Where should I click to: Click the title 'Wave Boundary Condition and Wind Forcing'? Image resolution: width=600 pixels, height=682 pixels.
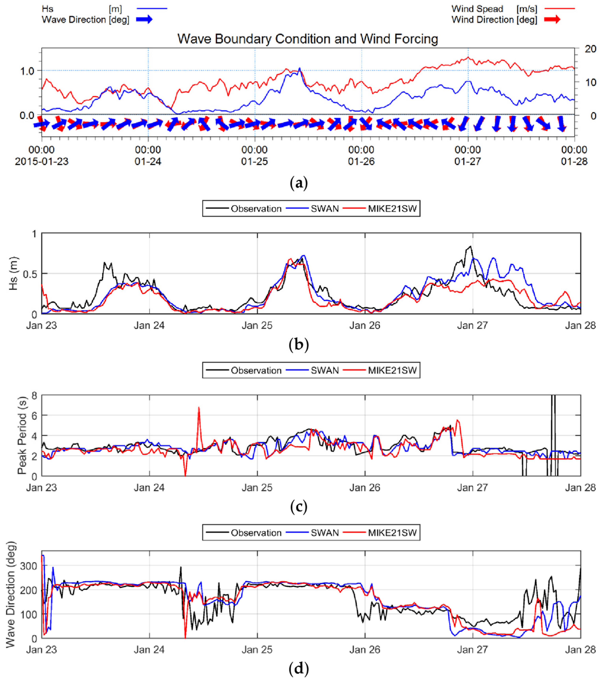307,39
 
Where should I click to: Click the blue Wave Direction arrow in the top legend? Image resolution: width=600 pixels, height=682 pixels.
144,20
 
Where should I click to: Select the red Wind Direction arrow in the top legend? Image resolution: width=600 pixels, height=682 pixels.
552,20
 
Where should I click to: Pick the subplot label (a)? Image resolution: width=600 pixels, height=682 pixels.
299,183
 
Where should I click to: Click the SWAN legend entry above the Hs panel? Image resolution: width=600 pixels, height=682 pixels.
324,209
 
